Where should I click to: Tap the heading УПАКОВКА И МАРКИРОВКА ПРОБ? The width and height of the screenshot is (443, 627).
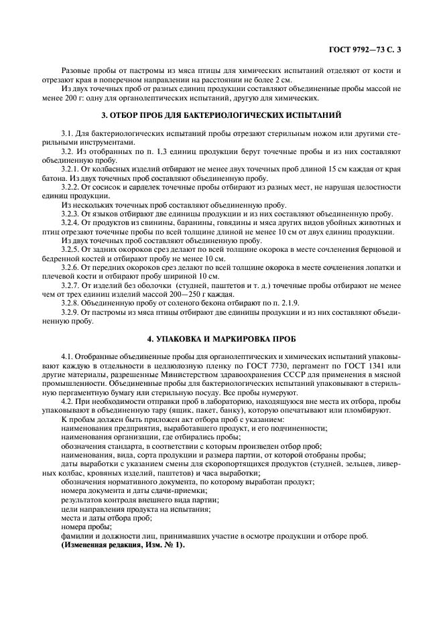click(x=221, y=338)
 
